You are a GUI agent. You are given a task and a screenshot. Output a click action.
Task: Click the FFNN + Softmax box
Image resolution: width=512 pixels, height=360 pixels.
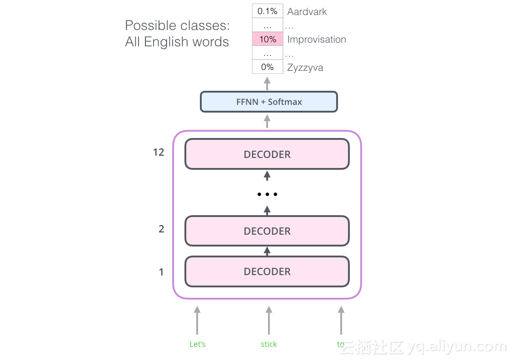[x=268, y=102]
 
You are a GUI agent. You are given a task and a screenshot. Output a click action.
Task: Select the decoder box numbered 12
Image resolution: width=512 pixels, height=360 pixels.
[x=267, y=154]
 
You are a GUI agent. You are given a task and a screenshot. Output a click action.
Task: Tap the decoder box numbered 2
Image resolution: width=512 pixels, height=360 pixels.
[x=267, y=231]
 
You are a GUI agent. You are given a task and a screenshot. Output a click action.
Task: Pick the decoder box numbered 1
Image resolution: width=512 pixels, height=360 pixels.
[x=267, y=271]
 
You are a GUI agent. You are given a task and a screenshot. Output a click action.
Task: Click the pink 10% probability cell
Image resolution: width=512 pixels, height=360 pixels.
[x=268, y=39]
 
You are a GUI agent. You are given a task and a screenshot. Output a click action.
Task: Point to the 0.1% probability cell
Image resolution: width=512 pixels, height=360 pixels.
[x=268, y=11]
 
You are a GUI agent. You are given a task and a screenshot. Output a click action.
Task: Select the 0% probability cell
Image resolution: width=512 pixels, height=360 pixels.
[x=268, y=67]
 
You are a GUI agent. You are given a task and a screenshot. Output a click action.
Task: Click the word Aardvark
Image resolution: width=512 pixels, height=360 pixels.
[x=307, y=11]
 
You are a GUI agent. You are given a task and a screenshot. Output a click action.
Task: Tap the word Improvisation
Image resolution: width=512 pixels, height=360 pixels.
[x=317, y=39]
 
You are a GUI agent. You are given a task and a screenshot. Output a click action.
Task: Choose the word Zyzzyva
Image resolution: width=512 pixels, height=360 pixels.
[x=305, y=68]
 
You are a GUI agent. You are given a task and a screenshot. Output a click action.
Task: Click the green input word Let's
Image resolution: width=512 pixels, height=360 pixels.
[x=198, y=344]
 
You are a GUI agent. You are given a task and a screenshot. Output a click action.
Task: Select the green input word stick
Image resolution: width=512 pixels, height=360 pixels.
[x=269, y=344]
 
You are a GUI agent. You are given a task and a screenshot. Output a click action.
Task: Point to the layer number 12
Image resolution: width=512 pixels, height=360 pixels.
[x=159, y=153]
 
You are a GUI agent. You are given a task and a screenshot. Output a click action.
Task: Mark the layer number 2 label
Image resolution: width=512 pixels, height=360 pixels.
[x=161, y=229]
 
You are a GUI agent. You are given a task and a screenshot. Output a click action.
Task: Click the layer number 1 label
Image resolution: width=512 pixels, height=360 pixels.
[x=161, y=272]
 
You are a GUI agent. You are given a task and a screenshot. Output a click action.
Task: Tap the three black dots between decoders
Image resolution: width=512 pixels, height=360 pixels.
[x=267, y=194]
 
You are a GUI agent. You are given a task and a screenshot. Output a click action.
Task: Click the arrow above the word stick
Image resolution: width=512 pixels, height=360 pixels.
[x=269, y=320]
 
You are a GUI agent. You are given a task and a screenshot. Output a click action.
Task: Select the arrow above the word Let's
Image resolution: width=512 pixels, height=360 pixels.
[x=197, y=320]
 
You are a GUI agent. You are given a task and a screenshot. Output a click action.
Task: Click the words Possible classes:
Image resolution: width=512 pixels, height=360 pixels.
[x=178, y=25]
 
